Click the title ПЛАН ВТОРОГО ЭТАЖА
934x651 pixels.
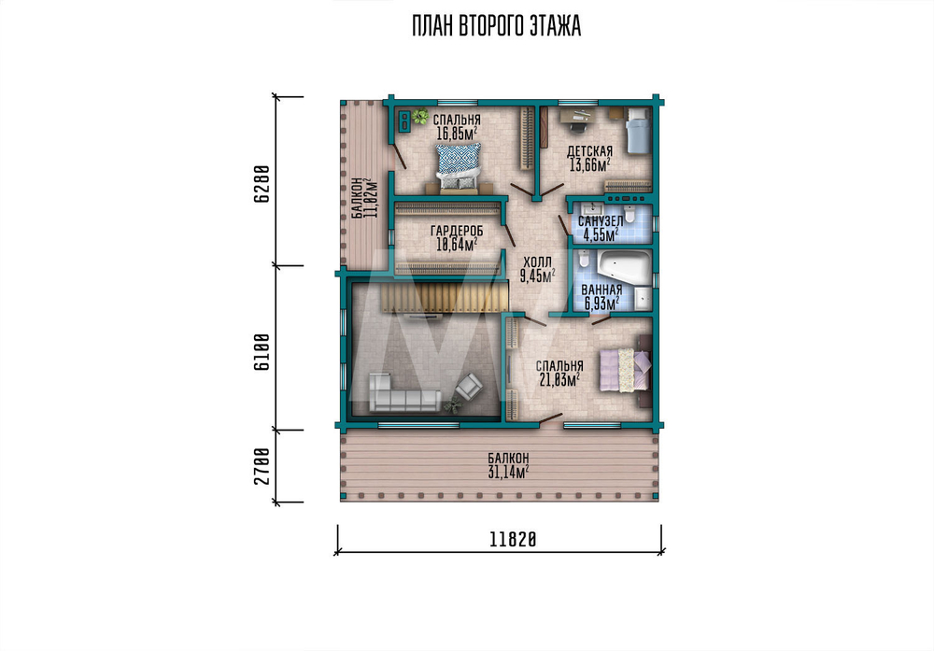[496, 27]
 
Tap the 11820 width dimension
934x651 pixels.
[513, 540]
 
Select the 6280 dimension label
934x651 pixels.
[262, 185]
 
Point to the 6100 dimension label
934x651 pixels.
[262, 351]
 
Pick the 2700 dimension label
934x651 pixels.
[262, 466]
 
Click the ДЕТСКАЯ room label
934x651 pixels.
[589, 152]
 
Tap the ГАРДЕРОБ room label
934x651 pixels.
[457, 231]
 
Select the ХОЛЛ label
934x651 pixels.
[537, 262]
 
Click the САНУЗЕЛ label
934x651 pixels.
[601, 221]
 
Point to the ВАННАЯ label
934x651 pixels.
[601, 290]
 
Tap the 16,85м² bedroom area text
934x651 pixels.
[457, 134]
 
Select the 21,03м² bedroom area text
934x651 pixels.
[559, 379]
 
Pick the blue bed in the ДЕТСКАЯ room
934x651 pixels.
[637, 131]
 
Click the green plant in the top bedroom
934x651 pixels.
[420, 116]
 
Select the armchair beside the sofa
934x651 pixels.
[470, 386]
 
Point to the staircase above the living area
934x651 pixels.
[445, 297]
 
